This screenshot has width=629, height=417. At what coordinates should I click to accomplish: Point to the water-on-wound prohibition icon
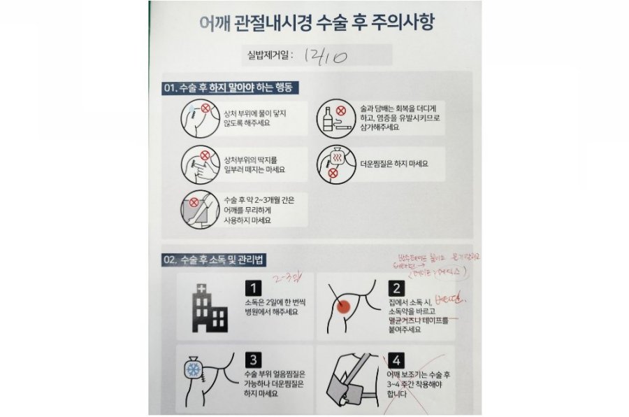[x=198, y=118]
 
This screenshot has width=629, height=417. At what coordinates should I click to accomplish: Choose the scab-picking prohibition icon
[x=198, y=164]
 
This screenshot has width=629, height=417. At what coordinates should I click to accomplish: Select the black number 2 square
[x=396, y=288]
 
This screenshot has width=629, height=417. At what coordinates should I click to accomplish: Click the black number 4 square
[x=396, y=361]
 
